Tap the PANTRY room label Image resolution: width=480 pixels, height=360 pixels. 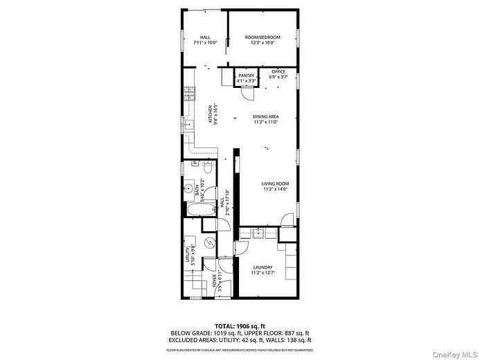pyautogui.click(x=247, y=75)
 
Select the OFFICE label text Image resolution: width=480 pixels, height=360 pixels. pyautogui.click(x=278, y=71)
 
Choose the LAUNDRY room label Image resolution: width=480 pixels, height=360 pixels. pyautogui.click(x=263, y=267)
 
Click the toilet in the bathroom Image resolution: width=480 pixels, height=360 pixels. pyautogui.click(x=207, y=168)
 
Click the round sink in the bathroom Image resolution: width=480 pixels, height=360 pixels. pyautogui.click(x=188, y=188)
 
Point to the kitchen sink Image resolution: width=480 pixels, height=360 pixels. pyautogui.click(x=187, y=125)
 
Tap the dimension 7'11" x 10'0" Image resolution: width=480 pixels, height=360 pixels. pyautogui.click(x=205, y=42)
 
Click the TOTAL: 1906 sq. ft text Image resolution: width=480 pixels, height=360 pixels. pyautogui.click(x=240, y=325)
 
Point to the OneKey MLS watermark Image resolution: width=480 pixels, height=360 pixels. pyautogui.click(x=453, y=352)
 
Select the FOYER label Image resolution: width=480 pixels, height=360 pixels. pyautogui.click(x=213, y=280)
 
